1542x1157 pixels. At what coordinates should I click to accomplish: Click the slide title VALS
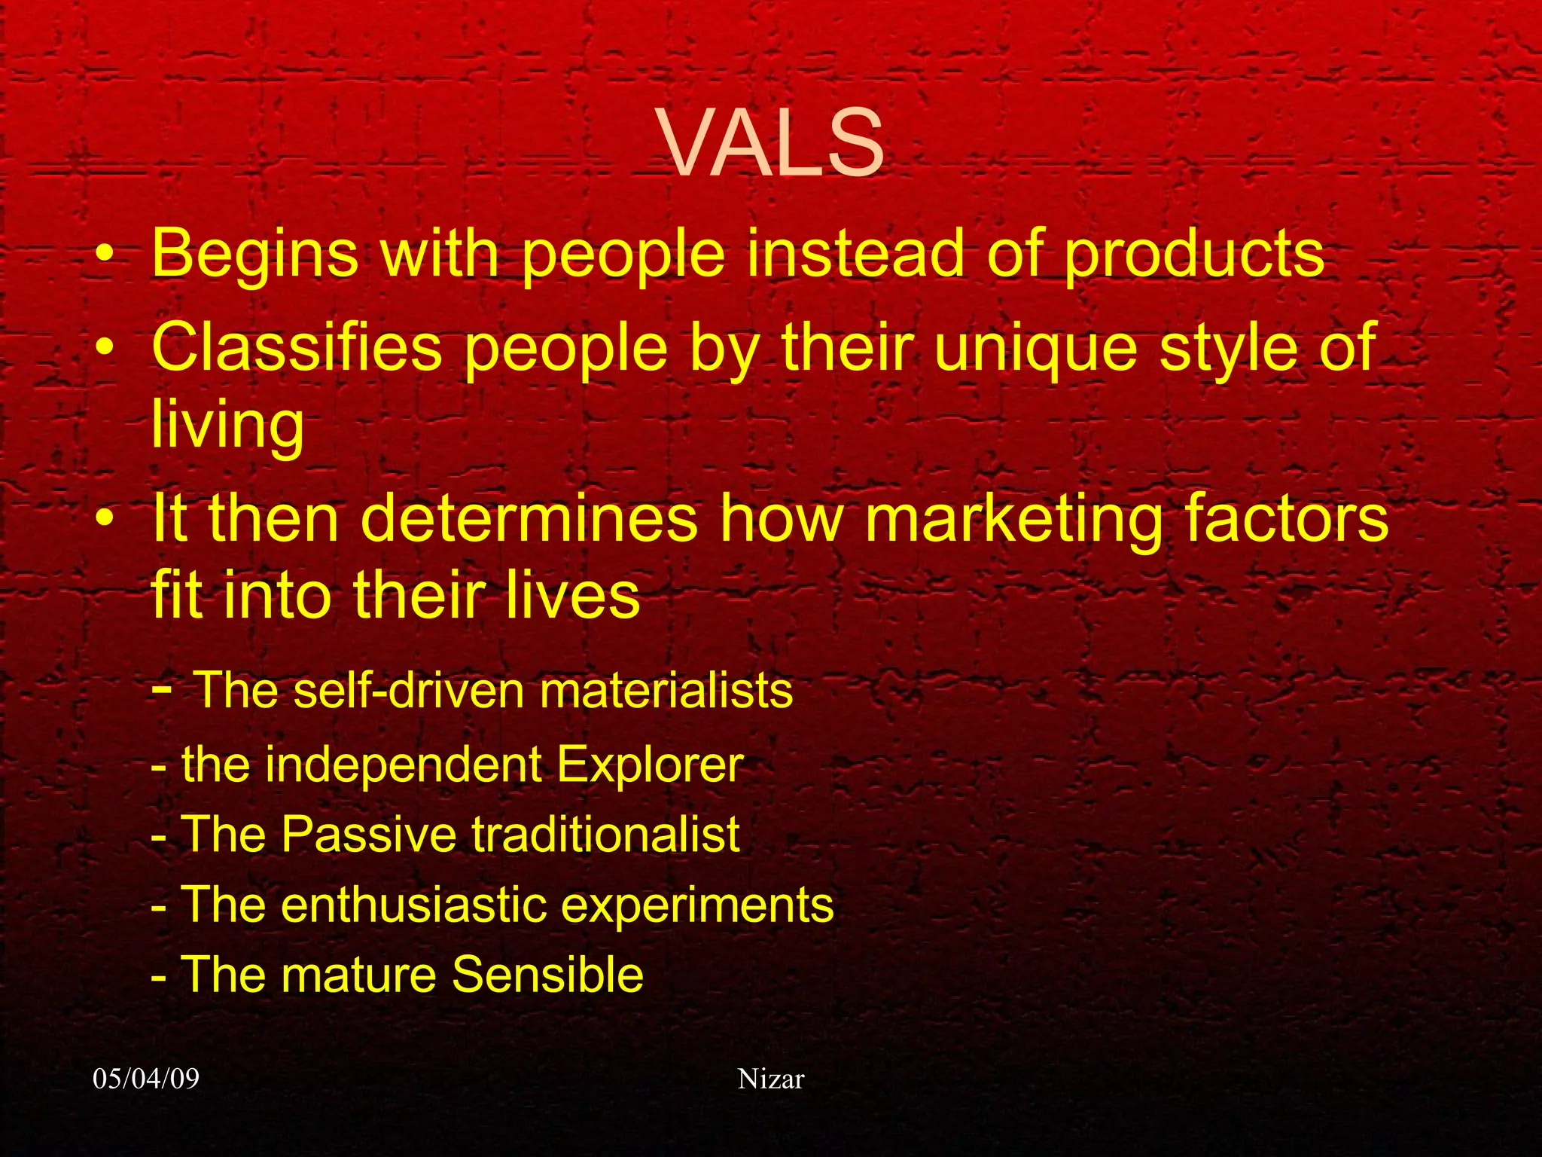(772, 143)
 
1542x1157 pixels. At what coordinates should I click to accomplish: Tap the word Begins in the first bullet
(254, 255)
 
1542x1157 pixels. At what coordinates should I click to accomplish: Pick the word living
(227, 426)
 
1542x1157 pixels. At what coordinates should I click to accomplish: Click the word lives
(572, 595)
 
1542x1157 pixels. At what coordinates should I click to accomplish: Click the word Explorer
(650, 765)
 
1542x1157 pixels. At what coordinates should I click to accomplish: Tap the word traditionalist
(605, 835)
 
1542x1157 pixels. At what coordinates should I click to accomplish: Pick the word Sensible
(547, 975)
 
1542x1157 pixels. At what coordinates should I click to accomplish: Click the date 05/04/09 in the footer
(146, 1079)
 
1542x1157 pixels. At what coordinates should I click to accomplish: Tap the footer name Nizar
(771, 1079)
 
